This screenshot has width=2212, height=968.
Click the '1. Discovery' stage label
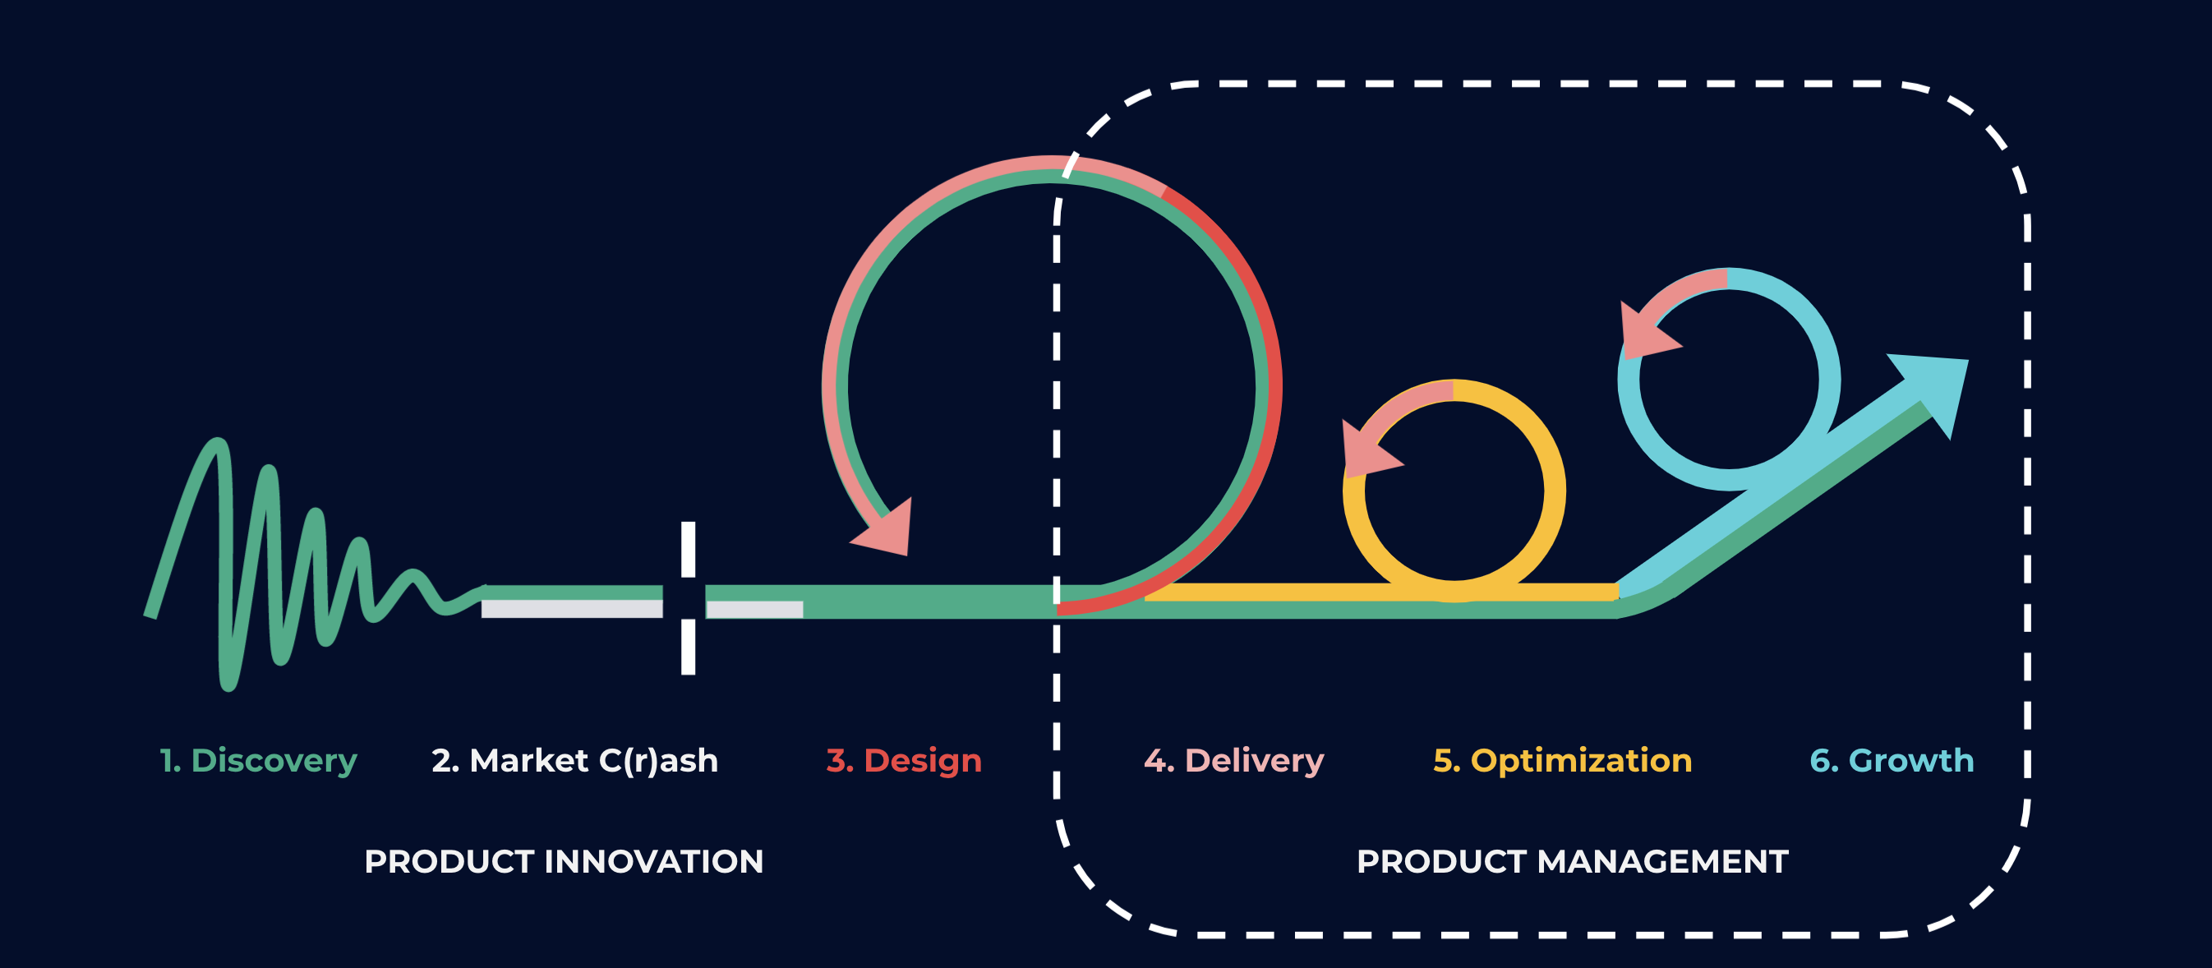coord(259,762)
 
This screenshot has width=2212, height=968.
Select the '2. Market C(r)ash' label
coord(574,761)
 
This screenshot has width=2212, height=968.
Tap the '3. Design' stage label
coord(903,762)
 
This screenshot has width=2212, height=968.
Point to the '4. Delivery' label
coord(1234,762)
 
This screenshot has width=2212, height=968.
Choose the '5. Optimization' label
coord(1563,761)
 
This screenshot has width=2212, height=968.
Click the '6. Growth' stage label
coord(1892,761)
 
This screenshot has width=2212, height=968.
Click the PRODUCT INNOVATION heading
coord(565,861)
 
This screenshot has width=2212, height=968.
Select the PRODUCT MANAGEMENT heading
coord(1572,861)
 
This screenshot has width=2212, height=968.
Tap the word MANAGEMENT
coord(1662,861)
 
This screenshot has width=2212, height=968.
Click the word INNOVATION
coord(653,861)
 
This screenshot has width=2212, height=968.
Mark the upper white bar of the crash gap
coord(688,549)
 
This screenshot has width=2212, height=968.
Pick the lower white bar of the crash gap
coord(688,647)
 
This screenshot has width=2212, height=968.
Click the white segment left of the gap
coord(572,609)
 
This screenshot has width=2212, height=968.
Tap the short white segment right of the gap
coord(754,609)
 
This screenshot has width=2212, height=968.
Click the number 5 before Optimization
coord(1443,761)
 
